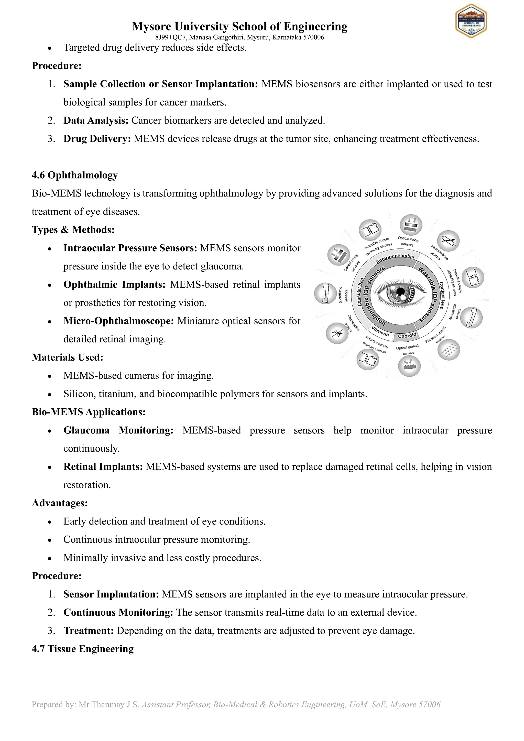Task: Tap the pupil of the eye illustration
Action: (400, 292)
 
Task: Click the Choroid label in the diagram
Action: (407, 336)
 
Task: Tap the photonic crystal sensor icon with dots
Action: (449, 350)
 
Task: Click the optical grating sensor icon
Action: (409, 366)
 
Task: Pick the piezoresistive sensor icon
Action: (448, 241)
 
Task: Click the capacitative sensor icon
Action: (337, 333)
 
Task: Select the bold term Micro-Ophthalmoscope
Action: (118, 321)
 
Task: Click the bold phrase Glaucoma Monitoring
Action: (118, 430)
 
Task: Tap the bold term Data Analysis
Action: (96, 120)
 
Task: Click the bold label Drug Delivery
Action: (97, 139)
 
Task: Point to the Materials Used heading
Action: (68, 357)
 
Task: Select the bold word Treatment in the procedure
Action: (88, 631)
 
